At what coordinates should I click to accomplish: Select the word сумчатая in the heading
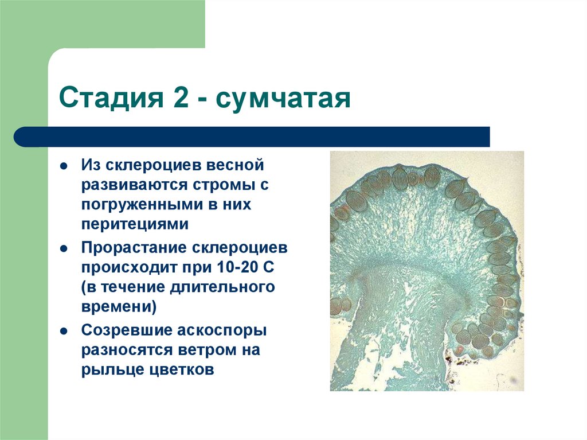coord(284,99)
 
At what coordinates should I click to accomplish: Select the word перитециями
coord(134,224)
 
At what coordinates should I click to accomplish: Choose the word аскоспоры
coord(226,331)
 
